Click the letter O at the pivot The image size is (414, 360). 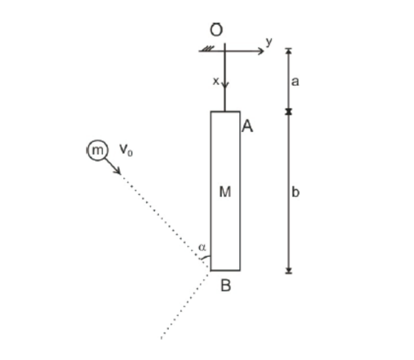coord(216,30)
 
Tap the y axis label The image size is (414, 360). coord(269,42)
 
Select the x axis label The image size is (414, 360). coord(216,81)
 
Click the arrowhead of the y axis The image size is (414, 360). coord(261,51)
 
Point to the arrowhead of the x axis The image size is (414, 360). coord(225,85)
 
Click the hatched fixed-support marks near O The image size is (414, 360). coord(208,49)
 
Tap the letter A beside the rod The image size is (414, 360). coord(247,126)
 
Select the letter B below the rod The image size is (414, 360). coord(225,285)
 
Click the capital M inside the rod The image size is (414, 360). coord(225,191)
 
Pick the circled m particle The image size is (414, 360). coord(98,150)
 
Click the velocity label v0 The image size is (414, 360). coord(126,150)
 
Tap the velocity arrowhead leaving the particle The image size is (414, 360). coord(117,171)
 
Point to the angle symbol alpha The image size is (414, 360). coord(202,247)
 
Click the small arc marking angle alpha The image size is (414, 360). coord(206,257)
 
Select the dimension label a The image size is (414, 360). coord(295,82)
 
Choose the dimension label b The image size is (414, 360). coord(295,191)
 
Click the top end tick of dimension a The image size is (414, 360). coord(289,49)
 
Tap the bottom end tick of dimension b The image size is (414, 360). coord(289,273)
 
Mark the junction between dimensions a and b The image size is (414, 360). coord(289,112)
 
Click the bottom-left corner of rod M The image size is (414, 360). coord(211,270)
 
